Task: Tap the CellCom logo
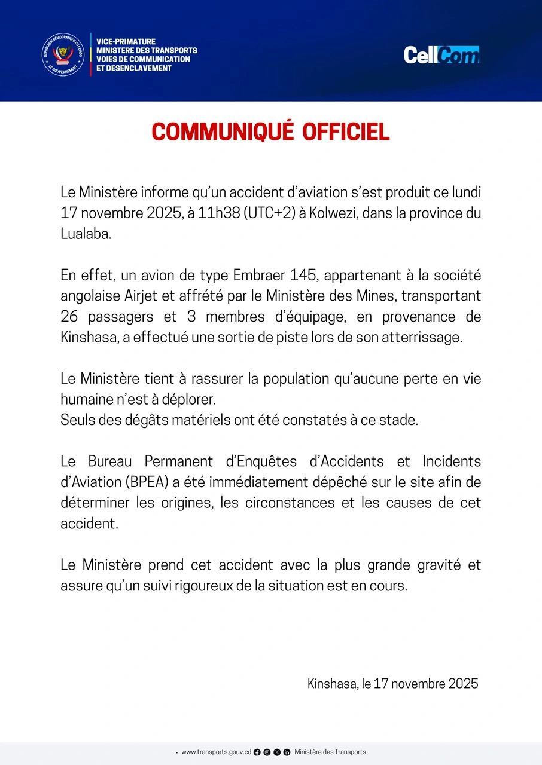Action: point(441,55)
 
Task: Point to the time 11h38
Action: point(218,213)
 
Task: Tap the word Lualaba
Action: point(86,234)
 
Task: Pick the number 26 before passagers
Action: point(71,316)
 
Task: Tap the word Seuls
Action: point(78,420)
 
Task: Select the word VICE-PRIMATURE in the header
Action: point(126,41)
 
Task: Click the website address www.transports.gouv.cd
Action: point(216,752)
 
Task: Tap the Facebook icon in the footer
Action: point(257,752)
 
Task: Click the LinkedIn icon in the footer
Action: point(287,752)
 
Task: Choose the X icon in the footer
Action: point(277,752)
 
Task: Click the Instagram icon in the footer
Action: point(267,752)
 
